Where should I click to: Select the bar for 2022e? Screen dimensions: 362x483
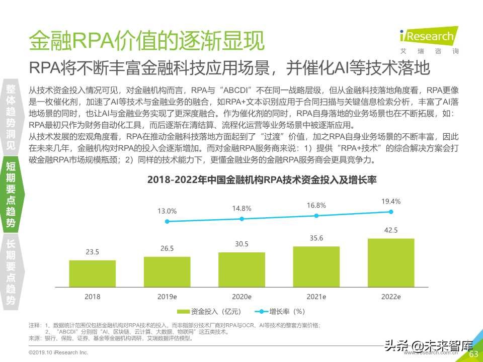click(x=391, y=262)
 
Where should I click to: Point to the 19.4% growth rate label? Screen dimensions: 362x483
click(x=391, y=202)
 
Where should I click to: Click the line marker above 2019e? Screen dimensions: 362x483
click(x=167, y=221)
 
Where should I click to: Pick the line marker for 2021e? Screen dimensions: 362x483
click(x=316, y=215)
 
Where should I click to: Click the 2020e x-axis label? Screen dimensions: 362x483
click(x=242, y=297)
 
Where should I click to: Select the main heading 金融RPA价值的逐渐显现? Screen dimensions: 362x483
click(x=146, y=40)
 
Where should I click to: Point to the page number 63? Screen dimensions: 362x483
click(x=473, y=354)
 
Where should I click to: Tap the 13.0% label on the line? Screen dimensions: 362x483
click(x=167, y=211)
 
